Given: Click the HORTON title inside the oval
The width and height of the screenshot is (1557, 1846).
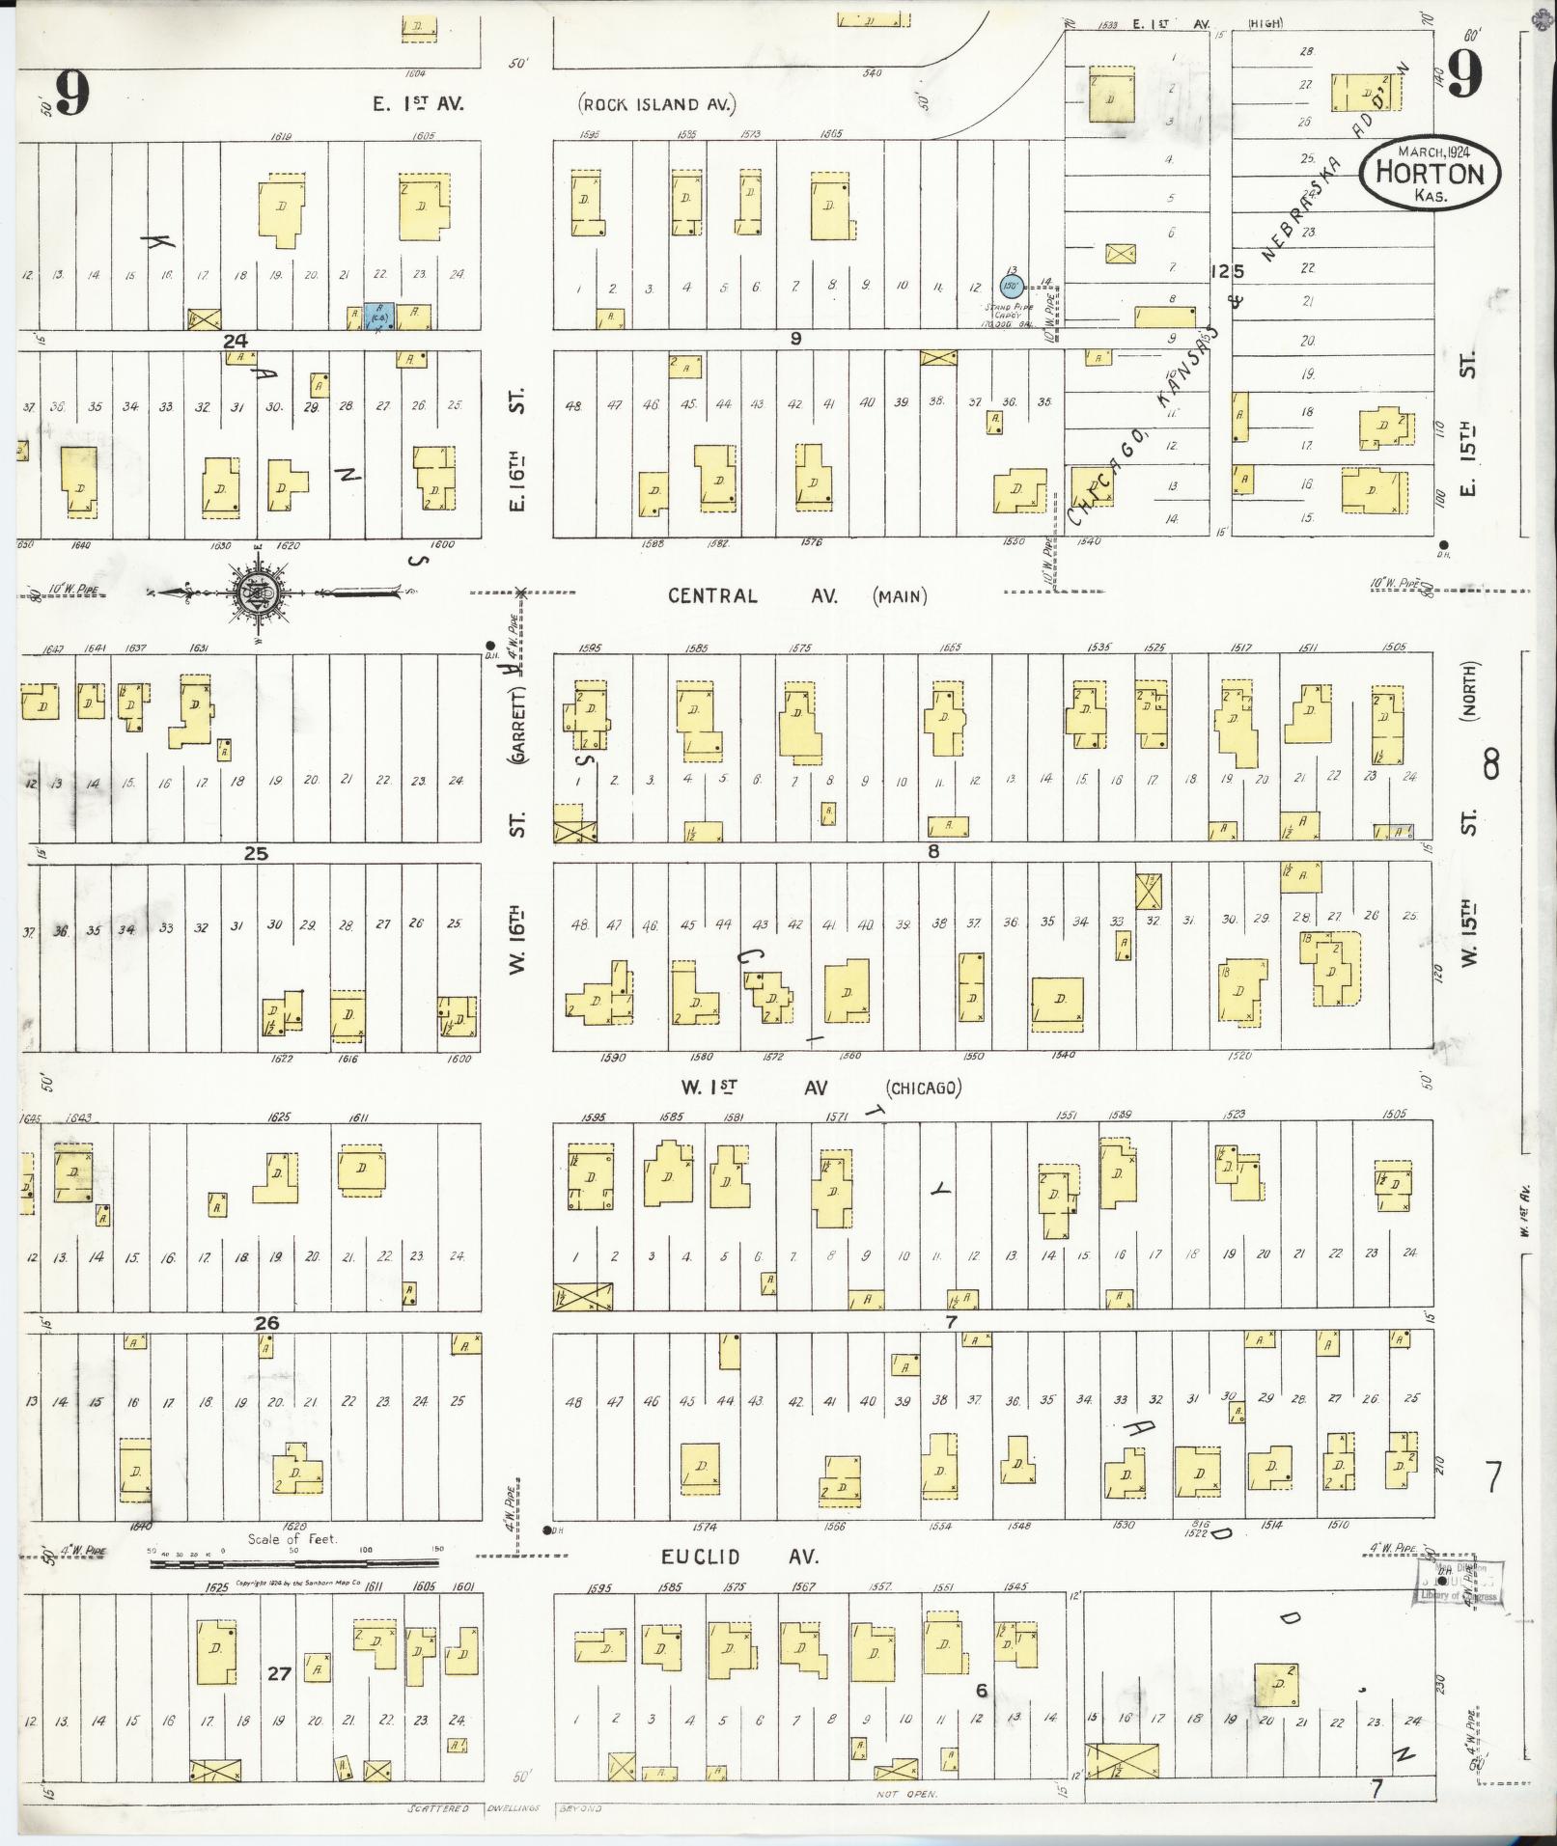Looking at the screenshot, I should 1430,174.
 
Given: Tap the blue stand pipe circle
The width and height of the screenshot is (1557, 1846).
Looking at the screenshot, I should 1011,286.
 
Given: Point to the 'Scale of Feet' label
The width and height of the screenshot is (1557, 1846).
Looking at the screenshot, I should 292,1539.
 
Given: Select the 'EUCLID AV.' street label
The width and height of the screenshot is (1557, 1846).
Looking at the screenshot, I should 739,1557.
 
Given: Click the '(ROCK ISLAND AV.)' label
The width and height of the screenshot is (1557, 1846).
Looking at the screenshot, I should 657,104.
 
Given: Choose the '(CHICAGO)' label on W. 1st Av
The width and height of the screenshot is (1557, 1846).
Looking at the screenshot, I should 925,1088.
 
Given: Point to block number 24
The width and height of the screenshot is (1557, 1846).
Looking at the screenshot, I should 236,340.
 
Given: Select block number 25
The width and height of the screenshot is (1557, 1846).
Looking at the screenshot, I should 256,853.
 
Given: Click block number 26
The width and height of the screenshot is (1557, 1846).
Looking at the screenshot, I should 266,1323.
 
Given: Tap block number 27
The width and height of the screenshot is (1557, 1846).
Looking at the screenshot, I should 279,1673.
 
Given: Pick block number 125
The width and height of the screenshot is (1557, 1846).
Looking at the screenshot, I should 1227,272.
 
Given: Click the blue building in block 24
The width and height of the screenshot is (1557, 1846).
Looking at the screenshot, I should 378,317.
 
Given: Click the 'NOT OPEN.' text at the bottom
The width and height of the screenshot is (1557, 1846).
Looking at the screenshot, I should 902,1794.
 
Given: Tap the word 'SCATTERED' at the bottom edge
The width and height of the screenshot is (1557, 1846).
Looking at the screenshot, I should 438,1808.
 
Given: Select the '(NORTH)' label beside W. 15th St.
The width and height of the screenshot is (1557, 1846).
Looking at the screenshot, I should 1470,692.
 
